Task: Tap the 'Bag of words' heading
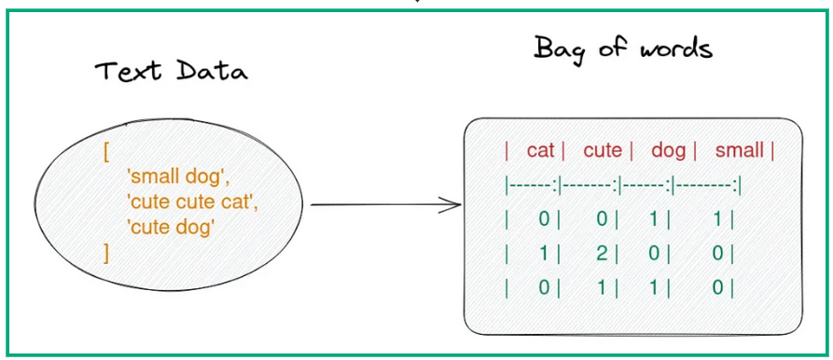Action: (622, 48)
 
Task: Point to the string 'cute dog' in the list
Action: (174, 226)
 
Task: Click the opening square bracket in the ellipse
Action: (108, 151)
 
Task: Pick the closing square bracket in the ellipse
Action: (107, 251)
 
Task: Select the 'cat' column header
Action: (541, 151)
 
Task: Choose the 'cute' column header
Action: (603, 151)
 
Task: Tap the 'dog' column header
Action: (668, 151)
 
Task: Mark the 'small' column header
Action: (740, 151)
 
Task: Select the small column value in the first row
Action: (717, 220)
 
